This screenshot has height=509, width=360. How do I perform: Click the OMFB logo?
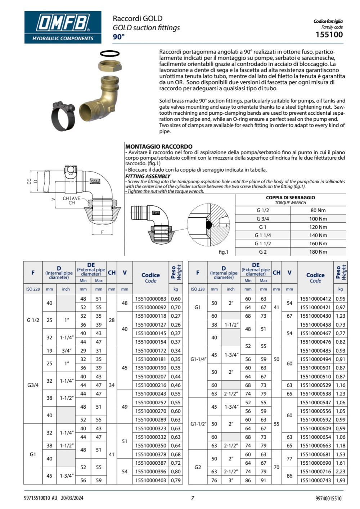coord(63,27)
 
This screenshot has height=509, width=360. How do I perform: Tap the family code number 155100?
coord(329,35)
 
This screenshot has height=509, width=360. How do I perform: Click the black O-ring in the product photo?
coord(109,54)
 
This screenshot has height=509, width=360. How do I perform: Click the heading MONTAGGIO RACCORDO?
coord(159,146)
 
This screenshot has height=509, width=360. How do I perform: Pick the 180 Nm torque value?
coord(318,252)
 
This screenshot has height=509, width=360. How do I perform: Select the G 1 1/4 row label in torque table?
coord(262,235)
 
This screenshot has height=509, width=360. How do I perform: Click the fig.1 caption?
coord(224,252)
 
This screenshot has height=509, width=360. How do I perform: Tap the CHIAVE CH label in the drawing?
coord(72,200)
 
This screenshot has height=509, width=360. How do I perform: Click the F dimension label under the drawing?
coord(102,232)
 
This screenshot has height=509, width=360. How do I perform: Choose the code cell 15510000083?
coord(150,299)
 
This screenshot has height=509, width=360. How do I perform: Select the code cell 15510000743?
coord(315,480)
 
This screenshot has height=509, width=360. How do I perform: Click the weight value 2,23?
coord(340,472)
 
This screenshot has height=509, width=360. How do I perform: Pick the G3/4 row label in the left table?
coord(33,385)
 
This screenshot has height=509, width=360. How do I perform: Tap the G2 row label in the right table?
coord(198,467)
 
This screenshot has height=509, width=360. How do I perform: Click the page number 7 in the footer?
coord(192,498)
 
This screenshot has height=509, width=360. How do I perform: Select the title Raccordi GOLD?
coord(138,18)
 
